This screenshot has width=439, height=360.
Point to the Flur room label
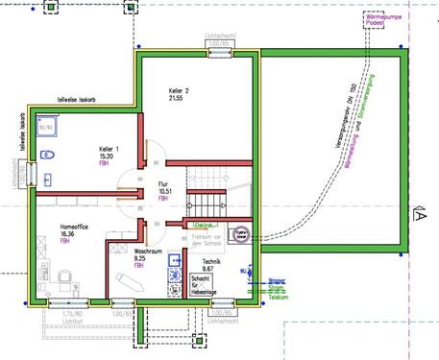click(x=164, y=182)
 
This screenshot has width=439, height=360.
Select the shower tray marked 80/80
click(x=45, y=124)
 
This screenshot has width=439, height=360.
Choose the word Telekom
click(x=278, y=299)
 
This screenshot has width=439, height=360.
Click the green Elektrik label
click(x=202, y=226)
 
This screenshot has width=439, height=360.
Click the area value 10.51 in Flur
click(x=164, y=191)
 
